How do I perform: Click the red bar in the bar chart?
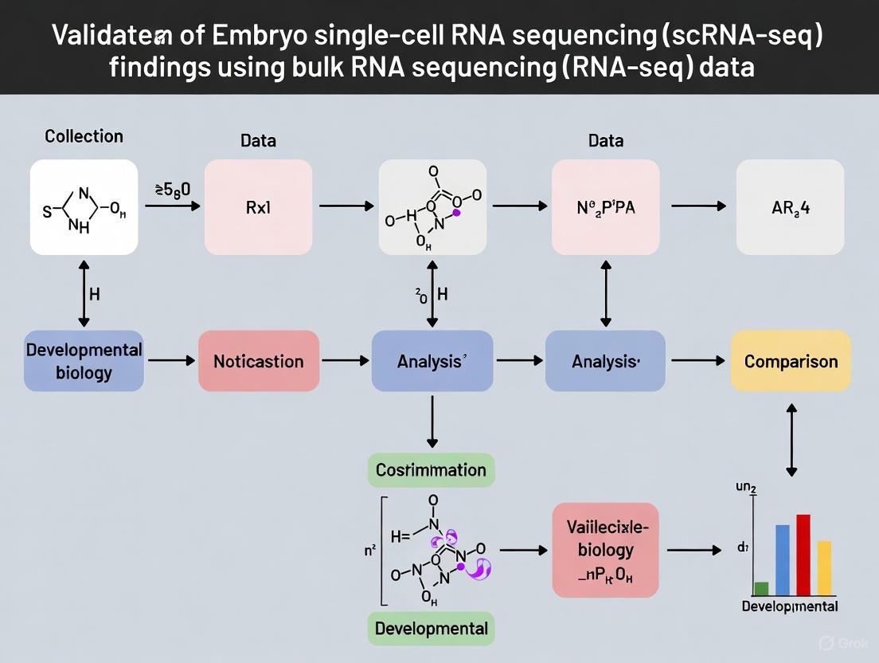click(803, 555)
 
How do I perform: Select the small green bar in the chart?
click(761, 589)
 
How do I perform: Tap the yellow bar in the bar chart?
click(824, 568)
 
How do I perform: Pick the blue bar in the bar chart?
click(782, 560)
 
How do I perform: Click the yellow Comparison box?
click(791, 361)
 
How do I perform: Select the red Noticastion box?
click(258, 361)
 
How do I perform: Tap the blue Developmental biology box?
click(84, 361)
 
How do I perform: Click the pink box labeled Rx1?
click(258, 207)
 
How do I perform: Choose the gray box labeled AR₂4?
click(790, 207)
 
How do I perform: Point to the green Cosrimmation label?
click(431, 469)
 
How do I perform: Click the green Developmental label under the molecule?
click(431, 628)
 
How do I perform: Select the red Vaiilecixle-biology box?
click(606, 550)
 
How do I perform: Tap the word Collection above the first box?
click(84, 136)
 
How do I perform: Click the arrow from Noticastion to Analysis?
click(345, 361)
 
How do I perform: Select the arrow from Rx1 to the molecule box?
click(346, 206)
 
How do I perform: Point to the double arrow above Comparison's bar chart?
click(791, 441)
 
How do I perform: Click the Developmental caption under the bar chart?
click(789, 606)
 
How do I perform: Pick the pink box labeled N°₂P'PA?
click(606, 207)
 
